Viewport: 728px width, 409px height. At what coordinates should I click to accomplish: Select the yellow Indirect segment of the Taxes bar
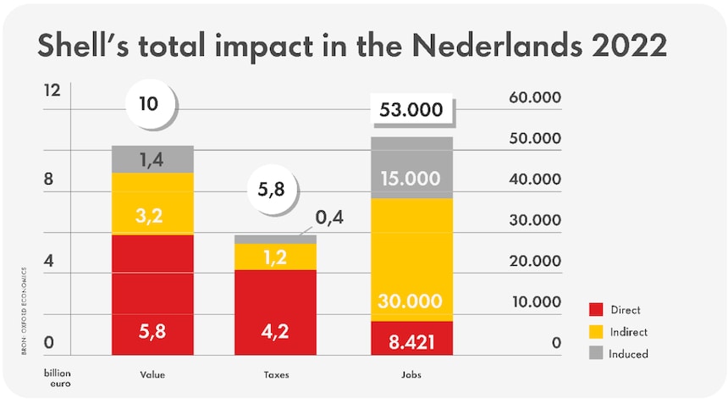[x=275, y=257]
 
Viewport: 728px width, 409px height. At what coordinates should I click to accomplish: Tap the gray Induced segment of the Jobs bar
[x=412, y=168]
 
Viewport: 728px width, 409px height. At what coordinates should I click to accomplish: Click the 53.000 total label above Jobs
[x=412, y=110]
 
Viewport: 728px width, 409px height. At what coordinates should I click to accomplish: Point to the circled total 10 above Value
[x=149, y=104]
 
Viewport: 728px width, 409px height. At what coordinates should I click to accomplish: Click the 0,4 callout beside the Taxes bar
[x=329, y=219]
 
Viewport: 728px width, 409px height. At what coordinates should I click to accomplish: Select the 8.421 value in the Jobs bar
[x=412, y=343]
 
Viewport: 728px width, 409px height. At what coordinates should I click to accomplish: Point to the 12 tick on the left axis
[x=52, y=91]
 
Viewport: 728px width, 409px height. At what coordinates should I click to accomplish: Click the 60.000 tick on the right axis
[x=535, y=97]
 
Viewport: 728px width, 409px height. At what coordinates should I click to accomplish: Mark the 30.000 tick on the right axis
[x=535, y=220]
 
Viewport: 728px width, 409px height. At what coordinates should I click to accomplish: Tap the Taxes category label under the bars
[x=275, y=374]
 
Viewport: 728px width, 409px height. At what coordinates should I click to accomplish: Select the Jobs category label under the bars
[x=412, y=374]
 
